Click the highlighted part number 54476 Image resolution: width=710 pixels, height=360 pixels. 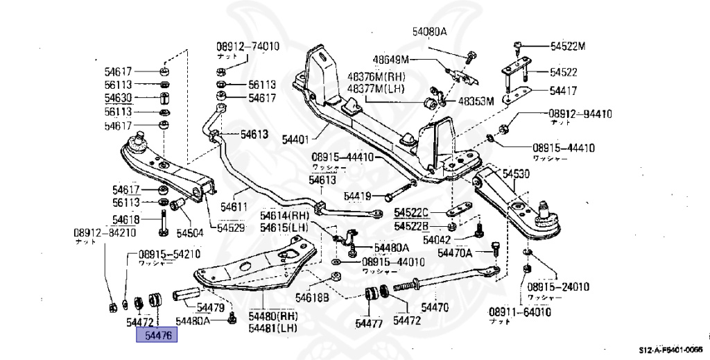coord(157,336)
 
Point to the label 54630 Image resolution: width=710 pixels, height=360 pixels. coord(121,98)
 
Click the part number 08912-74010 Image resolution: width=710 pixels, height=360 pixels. coord(247,46)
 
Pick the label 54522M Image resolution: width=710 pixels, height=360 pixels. coord(568,46)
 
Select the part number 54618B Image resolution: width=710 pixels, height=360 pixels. coord(312,298)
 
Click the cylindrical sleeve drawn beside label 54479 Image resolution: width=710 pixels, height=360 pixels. coord(187,294)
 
